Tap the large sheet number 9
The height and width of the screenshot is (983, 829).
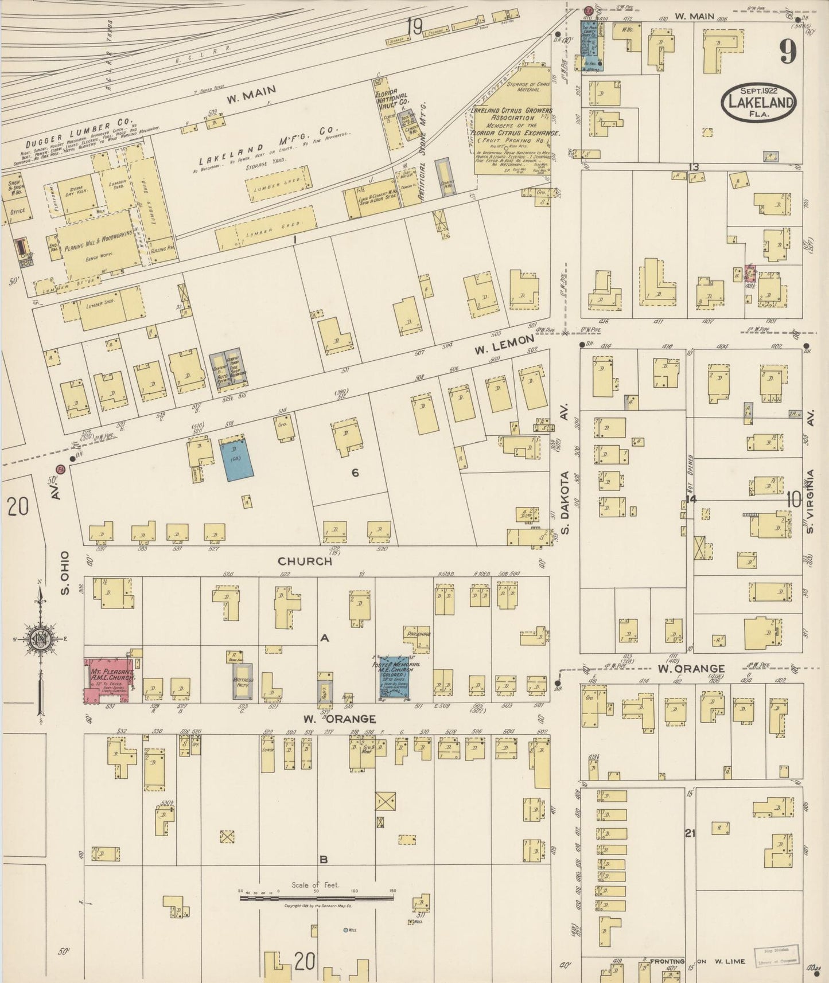[x=787, y=53]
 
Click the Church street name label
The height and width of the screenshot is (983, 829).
[x=305, y=561]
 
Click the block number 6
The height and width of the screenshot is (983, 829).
[x=355, y=473]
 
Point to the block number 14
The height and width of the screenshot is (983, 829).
[x=691, y=499]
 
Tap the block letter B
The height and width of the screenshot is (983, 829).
[x=323, y=859]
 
